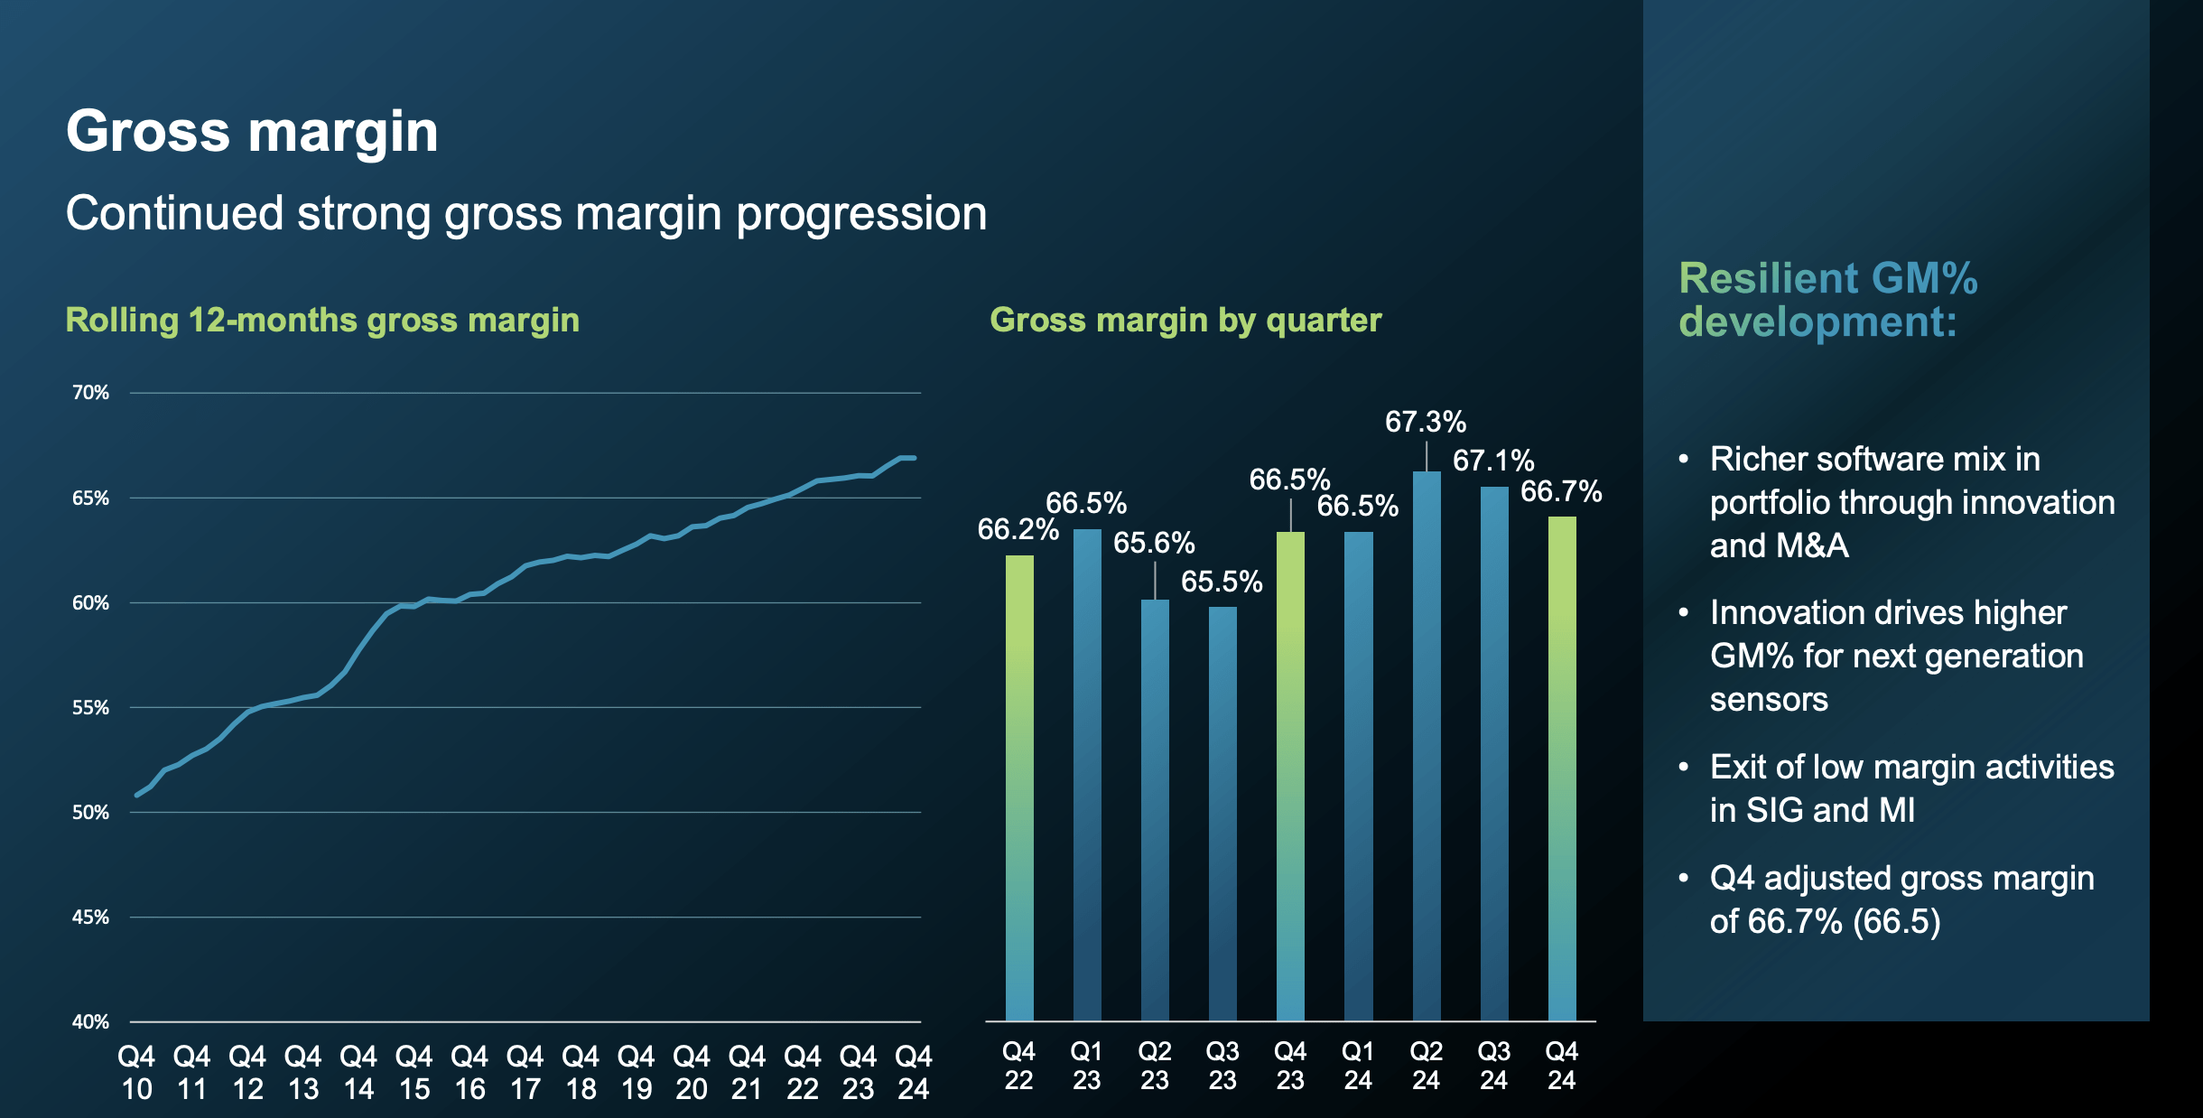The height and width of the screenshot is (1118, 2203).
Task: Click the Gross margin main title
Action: [x=252, y=131]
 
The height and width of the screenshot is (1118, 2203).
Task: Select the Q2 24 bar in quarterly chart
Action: [x=1426, y=746]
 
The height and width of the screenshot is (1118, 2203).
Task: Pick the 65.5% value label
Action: [x=1222, y=582]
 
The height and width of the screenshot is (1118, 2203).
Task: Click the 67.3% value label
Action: [x=1425, y=422]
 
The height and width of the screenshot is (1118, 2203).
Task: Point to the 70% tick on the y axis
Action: [x=90, y=393]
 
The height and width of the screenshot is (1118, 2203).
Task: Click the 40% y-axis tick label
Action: [x=90, y=1021]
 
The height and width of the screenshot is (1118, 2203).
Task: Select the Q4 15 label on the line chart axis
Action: [x=414, y=1072]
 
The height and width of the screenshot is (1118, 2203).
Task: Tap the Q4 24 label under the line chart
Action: [x=913, y=1072]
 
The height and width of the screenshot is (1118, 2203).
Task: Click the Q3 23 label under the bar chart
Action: [x=1222, y=1066]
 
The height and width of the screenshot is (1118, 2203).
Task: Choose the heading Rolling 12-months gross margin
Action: [x=322, y=321]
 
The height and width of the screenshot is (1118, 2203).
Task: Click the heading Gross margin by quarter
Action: [x=1185, y=321]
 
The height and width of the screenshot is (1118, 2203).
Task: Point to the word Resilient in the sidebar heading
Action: [x=1755, y=278]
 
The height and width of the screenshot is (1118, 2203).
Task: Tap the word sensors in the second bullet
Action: [x=1768, y=699]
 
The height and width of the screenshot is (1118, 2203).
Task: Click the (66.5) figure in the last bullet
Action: [x=1896, y=921]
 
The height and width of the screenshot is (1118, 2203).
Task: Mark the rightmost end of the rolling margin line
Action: [x=914, y=458]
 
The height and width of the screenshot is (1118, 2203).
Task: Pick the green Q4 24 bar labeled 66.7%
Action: [x=1562, y=768]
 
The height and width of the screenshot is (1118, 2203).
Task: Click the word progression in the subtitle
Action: [x=861, y=214]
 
